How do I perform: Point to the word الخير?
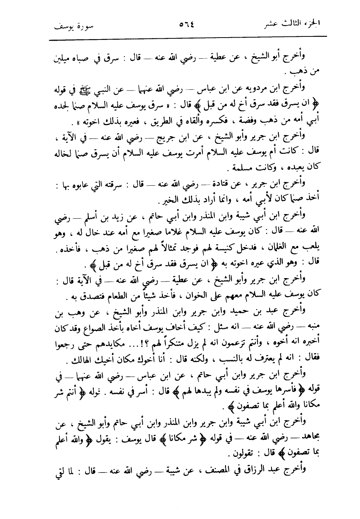click(162, 201)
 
